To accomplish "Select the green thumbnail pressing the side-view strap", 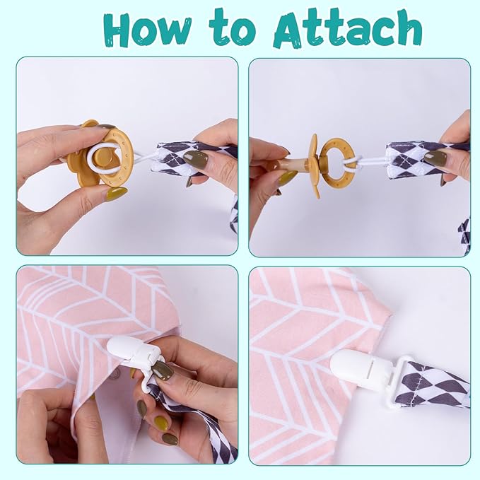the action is [435, 158].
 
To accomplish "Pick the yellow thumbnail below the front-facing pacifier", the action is [117, 194].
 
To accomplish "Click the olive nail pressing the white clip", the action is [163, 370].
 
